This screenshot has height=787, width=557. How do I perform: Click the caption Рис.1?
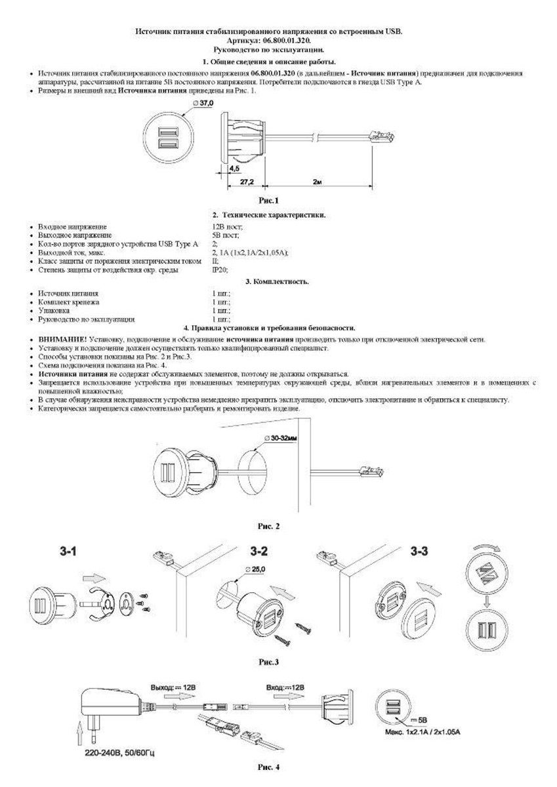pyautogui.click(x=269, y=199)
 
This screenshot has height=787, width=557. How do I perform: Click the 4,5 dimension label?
pyautogui.click(x=234, y=169)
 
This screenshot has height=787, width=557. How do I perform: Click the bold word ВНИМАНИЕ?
pyautogui.click(x=58, y=340)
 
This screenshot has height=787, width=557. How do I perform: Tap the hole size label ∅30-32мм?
pyautogui.click(x=281, y=437)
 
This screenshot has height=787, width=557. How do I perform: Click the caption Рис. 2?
pyautogui.click(x=269, y=526)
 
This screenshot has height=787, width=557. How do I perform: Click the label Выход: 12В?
pyautogui.click(x=174, y=687)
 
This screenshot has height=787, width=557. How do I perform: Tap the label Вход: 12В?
pyautogui.click(x=285, y=687)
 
